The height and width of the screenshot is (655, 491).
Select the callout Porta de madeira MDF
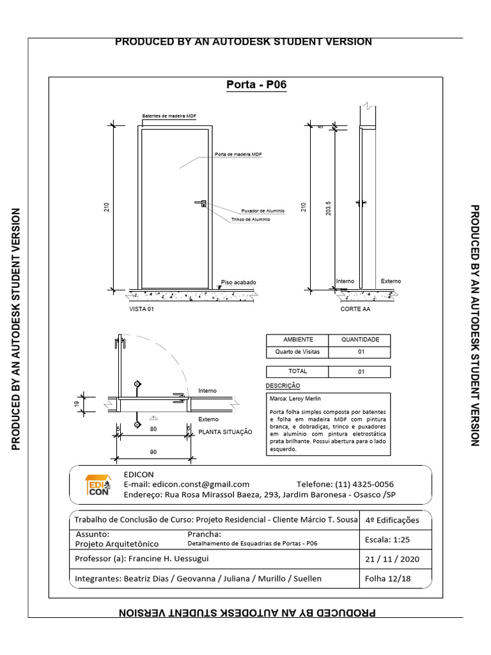pos(238,155)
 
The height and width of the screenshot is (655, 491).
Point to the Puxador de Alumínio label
pos(262,210)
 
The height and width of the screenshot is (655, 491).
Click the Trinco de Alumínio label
pos(251,219)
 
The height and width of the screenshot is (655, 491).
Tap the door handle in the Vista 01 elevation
pos(201,203)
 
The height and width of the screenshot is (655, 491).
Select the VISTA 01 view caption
pos(142,308)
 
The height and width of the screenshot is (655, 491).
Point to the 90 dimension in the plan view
pos(153,452)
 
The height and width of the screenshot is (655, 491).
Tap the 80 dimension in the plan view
pos(153,429)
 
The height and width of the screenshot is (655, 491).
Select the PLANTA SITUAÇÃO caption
pos(225,432)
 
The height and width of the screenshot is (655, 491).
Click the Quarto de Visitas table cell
pos(297,352)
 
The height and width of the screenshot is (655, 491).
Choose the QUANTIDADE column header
pos(360,340)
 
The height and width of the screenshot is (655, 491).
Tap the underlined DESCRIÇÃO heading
pos(282,386)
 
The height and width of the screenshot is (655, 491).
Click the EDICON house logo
pos(98,484)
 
